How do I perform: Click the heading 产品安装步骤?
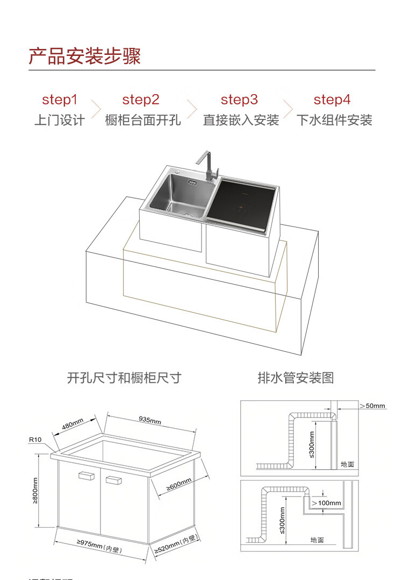[x=85, y=56]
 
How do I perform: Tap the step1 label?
[x=60, y=100]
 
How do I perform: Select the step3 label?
[x=239, y=100]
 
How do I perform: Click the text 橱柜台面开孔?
[x=143, y=120]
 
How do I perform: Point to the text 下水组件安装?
[x=334, y=120]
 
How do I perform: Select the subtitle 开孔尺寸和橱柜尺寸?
[x=124, y=378]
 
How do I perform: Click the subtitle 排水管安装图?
[x=296, y=378]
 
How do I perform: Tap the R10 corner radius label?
[x=35, y=440]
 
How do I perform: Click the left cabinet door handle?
[x=86, y=476]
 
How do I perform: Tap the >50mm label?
[x=372, y=405]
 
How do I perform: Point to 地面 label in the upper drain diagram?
[x=348, y=464]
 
